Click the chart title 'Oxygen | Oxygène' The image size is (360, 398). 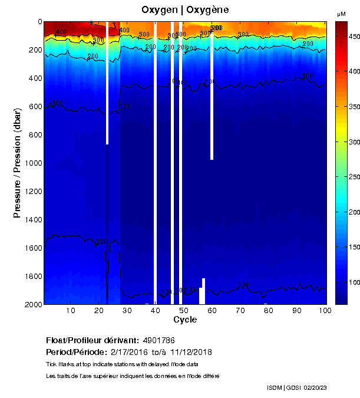[x=185, y=9]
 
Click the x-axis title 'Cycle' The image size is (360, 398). [x=185, y=320]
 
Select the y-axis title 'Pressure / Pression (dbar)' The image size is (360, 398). [x=17, y=163]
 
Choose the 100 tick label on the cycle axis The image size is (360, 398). [x=323, y=311]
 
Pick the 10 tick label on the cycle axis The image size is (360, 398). [x=71, y=311]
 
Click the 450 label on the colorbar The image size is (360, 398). [x=353, y=37]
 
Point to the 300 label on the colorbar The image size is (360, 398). [x=353, y=142]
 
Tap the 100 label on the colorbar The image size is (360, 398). [x=353, y=282]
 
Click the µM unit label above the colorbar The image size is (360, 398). [x=341, y=14]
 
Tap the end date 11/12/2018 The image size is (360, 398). [x=191, y=352]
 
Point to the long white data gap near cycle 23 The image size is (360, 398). [x=107, y=83]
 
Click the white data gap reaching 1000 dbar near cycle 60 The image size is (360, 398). [x=212, y=94]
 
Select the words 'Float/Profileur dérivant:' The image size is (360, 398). [x=93, y=341]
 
